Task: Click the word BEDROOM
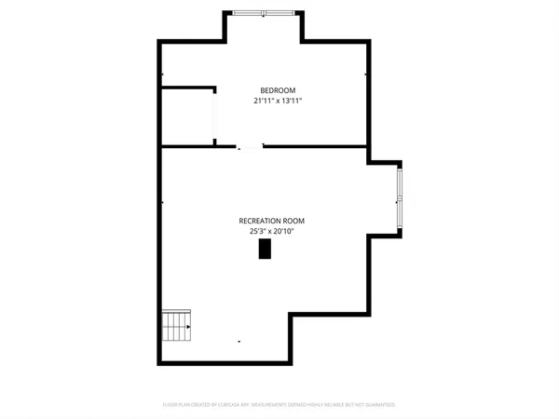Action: pos(278,90)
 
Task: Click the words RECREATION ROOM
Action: pos(271,221)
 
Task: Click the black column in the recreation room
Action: pos(265,249)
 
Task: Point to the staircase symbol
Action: pos(176,327)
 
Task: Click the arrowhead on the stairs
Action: pos(187,327)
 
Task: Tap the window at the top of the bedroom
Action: pos(263,12)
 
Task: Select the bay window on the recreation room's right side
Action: pos(400,197)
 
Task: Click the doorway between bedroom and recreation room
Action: pos(250,146)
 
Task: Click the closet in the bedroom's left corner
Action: pos(187,117)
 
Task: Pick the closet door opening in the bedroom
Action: pos(215,117)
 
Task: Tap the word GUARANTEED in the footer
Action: pos(377,405)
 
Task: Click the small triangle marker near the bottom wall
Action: pos(239,342)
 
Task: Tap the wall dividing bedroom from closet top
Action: pos(187,88)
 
